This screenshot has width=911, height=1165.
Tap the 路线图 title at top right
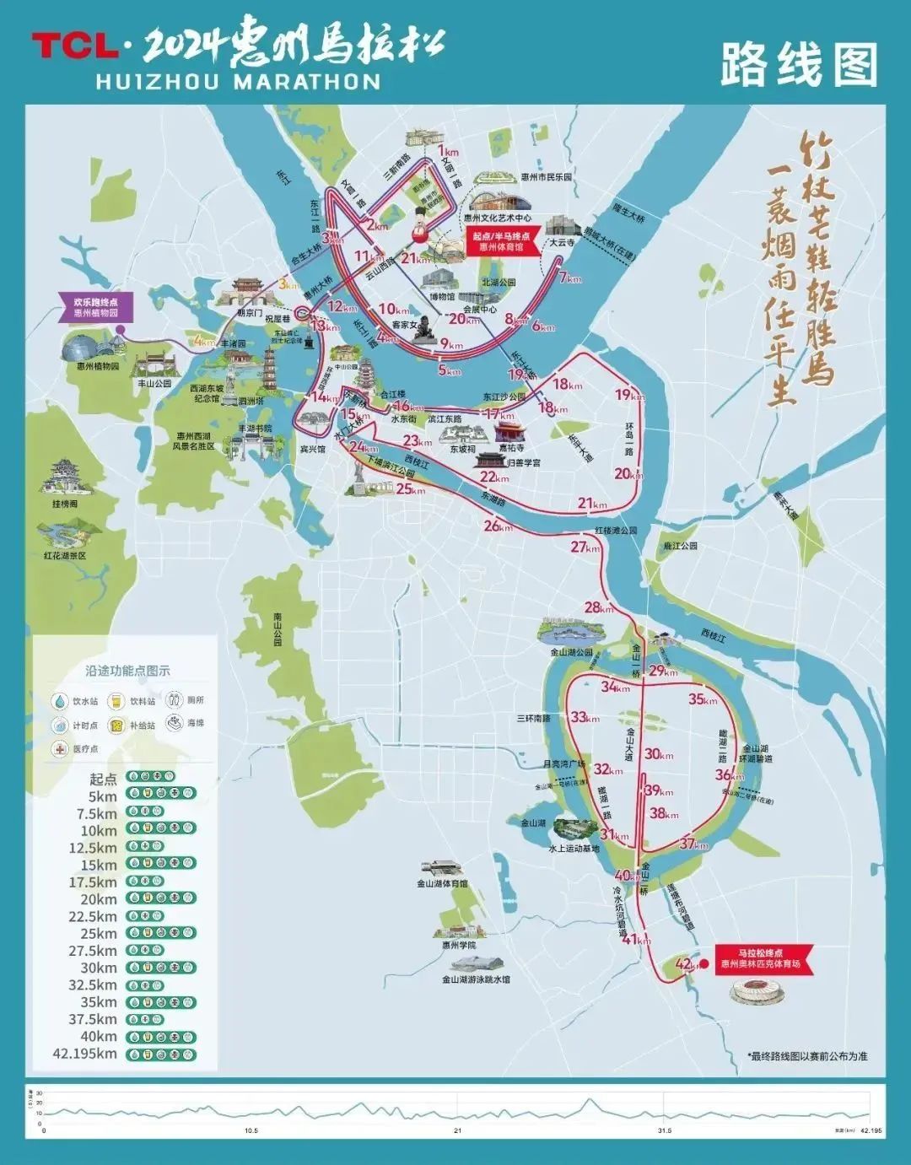point(798,65)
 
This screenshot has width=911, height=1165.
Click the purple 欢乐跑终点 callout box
point(95,306)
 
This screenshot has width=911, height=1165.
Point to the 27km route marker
point(585,547)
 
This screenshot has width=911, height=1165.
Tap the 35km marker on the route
point(702,698)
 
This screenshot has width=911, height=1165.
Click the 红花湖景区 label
point(65,556)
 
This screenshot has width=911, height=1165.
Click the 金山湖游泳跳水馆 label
point(476,979)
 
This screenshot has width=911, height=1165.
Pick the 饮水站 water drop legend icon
point(61,701)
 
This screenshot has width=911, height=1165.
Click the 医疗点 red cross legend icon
point(61,748)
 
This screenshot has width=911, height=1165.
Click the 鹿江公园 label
point(681,546)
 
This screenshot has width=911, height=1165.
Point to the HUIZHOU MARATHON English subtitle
point(238,81)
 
